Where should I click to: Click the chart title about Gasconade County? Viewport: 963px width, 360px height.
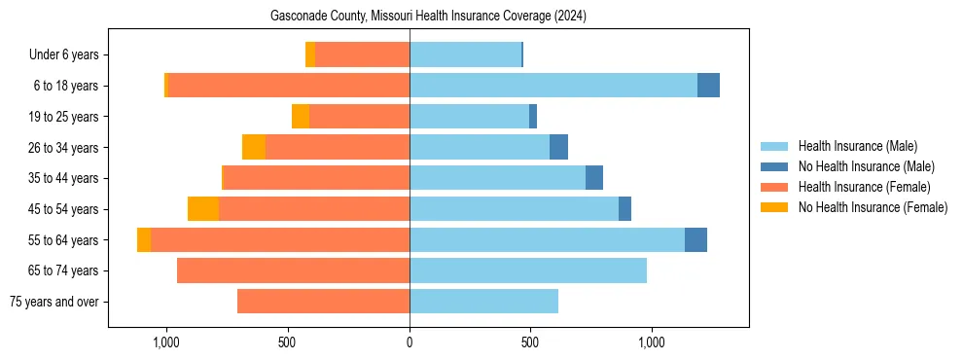(x=428, y=17)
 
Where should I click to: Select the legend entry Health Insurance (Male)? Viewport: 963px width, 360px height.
(x=857, y=146)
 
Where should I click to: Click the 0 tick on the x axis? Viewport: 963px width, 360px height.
(x=410, y=342)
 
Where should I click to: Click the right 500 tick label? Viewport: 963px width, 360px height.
(x=530, y=342)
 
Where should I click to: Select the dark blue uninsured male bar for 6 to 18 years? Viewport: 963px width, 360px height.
(x=708, y=86)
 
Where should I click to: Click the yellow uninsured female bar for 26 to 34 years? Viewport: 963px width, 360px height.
(x=254, y=147)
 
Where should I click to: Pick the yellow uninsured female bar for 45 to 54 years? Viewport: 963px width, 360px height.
(x=203, y=209)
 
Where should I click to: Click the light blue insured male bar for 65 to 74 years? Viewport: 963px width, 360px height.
(x=528, y=270)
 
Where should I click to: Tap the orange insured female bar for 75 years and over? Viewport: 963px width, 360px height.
(x=323, y=302)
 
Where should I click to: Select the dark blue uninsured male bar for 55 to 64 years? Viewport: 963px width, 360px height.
(x=695, y=239)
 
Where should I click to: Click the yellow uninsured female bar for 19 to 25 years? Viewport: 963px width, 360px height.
(x=301, y=117)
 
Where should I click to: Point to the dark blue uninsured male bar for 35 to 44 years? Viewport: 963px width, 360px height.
(x=594, y=178)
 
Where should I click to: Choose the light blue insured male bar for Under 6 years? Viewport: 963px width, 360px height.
(x=465, y=55)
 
